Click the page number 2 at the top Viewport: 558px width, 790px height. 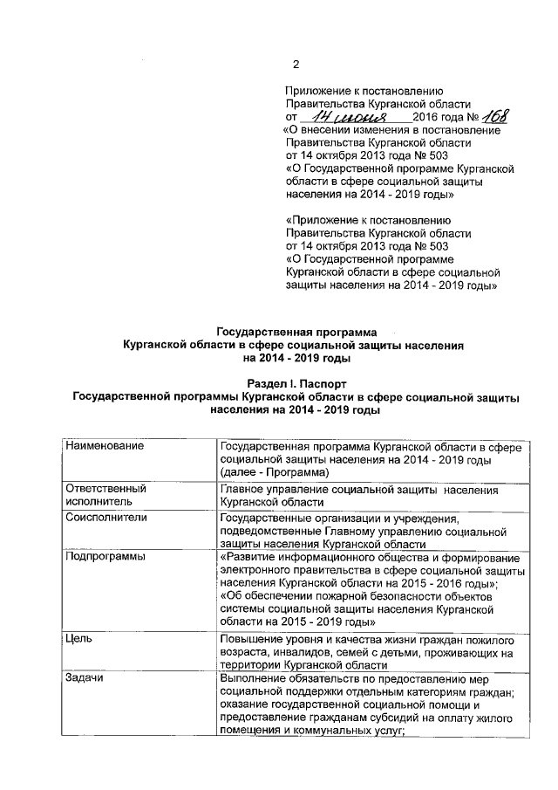click(x=295, y=64)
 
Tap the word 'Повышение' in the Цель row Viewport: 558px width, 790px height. click(x=251, y=639)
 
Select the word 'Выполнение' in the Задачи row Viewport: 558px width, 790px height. click(x=255, y=679)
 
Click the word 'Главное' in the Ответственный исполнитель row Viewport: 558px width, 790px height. click(x=243, y=489)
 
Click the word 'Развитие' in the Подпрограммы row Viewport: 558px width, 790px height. click(x=252, y=557)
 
